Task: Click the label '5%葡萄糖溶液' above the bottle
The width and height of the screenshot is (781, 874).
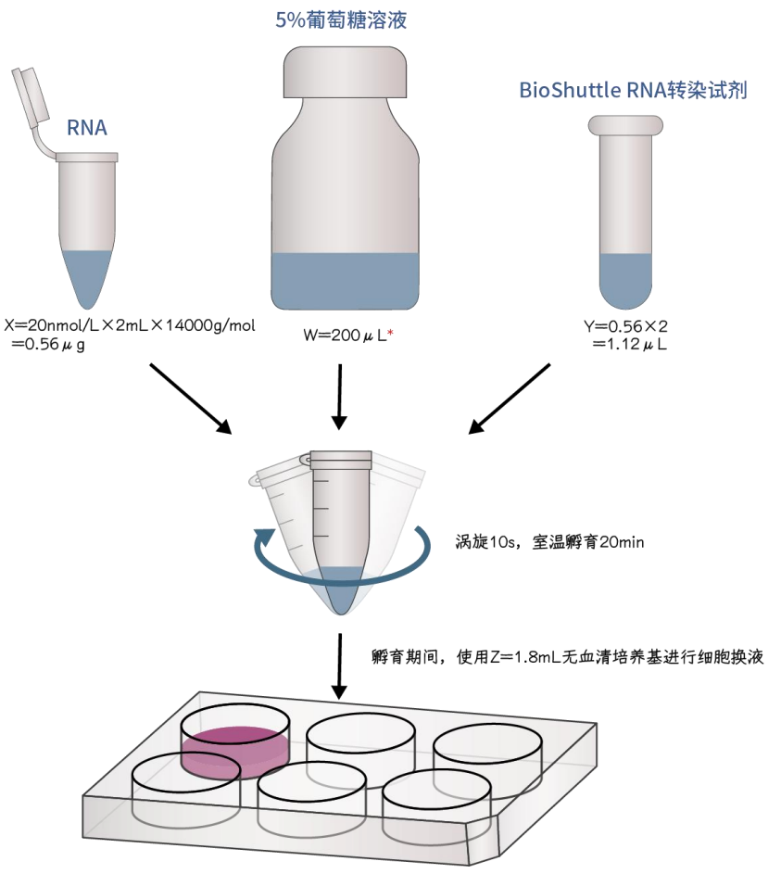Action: [x=341, y=20]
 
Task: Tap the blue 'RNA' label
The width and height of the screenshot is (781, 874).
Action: [x=86, y=128]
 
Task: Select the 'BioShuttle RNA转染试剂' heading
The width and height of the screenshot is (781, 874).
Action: [x=633, y=91]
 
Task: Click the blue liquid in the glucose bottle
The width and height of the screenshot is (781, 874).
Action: [x=345, y=281]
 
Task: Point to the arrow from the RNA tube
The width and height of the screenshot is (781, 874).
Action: [x=190, y=398]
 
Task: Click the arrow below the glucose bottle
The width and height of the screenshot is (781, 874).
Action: [x=340, y=396]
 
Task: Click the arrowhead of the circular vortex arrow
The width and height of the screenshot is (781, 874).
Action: [x=266, y=538]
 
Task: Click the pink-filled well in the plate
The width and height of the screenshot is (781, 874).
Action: [x=233, y=746]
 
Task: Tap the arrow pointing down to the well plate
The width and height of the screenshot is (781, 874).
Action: [x=340, y=665]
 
